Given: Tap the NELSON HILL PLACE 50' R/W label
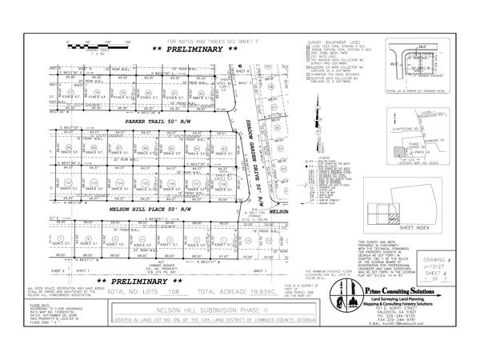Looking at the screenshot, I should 152,206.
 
